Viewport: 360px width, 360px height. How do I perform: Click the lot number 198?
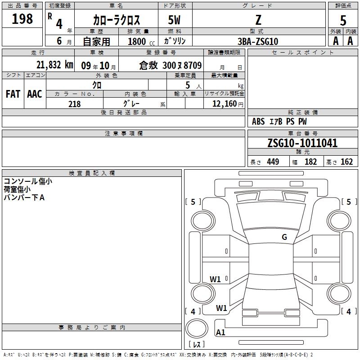pyautogui.click(x=22, y=18)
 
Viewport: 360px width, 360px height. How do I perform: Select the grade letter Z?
pyautogui.click(x=258, y=20)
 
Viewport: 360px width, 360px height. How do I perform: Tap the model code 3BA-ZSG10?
pyautogui.click(x=258, y=41)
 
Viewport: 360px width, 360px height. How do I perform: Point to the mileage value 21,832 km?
pyautogui.click(x=55, y=65)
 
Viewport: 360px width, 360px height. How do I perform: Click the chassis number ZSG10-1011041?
pyautogui.click(x=302, y=143)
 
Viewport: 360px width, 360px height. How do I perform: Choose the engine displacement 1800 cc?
pyautogui.click(x=141, y=42)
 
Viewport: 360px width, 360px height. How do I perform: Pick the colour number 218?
pyautogui.click(x=75, y=104)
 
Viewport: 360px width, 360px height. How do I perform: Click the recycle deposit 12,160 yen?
pyautogui.click(x=228, y=104)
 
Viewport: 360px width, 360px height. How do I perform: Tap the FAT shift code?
pyautogui.click(x=13, y=94)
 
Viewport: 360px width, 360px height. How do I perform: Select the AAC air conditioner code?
pyautogui.click(x=35, y=94)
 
